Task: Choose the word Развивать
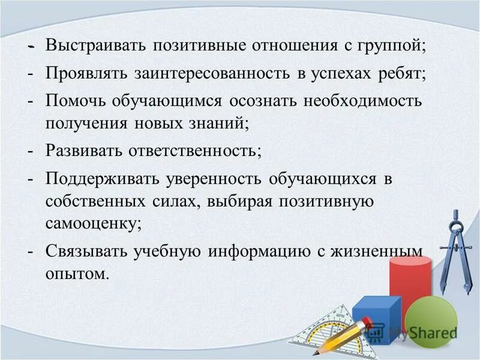[x=82, y=150]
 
